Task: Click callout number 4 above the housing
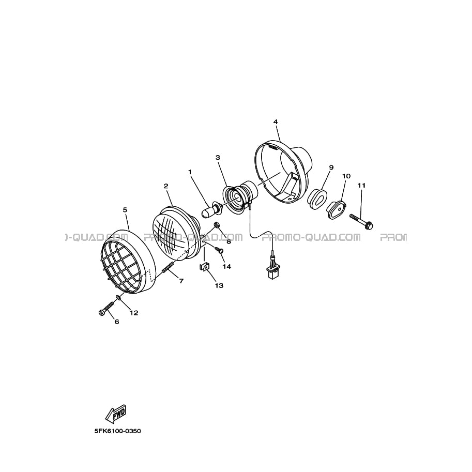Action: [x=276, y=122]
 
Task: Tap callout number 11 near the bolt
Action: [x=361, y=186]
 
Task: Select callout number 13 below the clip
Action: [x=219, y=285]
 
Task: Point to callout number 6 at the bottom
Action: [x=117, y=322]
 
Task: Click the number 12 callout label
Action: [x=134, y=313]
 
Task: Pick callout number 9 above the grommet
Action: [x=331, y=168]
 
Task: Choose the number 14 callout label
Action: [x=226, y=266]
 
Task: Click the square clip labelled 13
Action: [x=204, y=267]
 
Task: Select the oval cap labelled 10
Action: [x=336, y=209]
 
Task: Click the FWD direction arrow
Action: [x=115, y=413]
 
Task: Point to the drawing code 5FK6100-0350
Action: [x=117, y=431]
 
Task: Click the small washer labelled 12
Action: [x=119, y=298]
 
